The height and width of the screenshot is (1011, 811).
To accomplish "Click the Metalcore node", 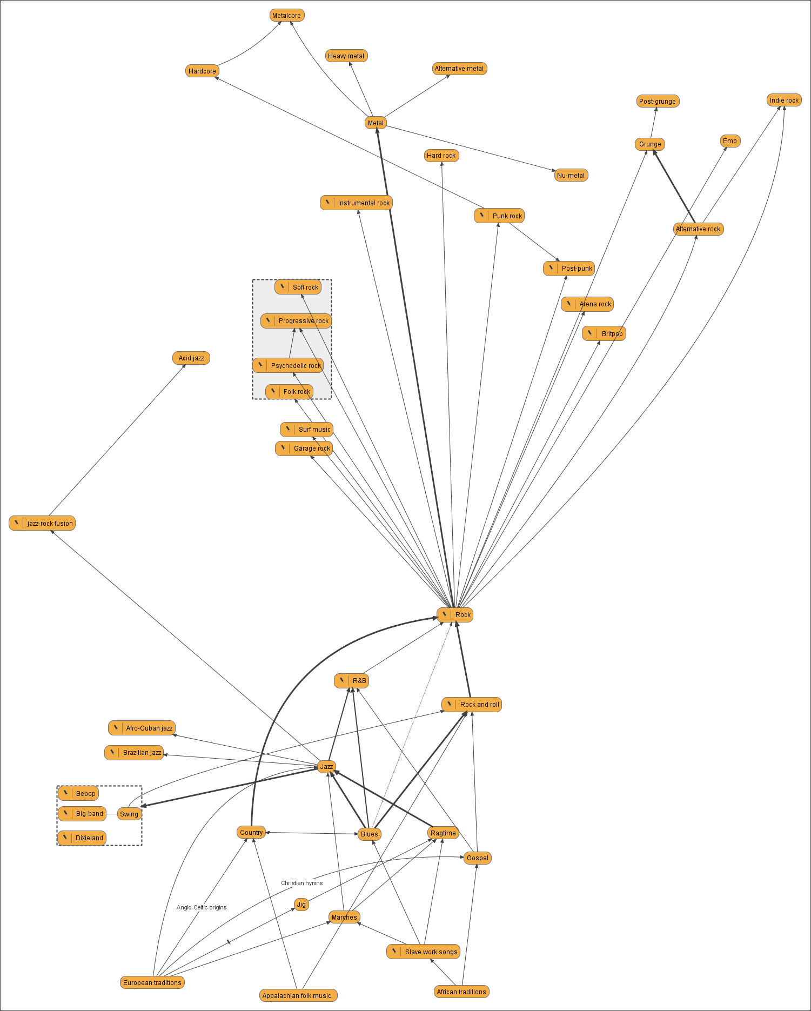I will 287,16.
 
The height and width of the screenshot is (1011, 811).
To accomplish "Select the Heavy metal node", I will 346,56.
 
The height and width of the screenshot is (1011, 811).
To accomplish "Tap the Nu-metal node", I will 571,176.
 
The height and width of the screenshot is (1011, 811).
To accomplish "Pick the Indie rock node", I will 784,101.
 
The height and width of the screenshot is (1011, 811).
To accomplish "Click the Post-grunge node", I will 657,102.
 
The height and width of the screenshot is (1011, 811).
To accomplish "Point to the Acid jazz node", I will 191,358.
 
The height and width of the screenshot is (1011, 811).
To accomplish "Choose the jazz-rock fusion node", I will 42,524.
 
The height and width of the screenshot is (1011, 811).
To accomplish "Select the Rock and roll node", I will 472,705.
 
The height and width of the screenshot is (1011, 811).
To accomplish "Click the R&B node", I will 352,681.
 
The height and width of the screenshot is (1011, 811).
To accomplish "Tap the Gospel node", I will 478,858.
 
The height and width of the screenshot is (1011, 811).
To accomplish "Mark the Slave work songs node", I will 424,952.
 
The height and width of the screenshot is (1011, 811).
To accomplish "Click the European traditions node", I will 152,983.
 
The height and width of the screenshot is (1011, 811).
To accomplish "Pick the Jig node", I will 301,905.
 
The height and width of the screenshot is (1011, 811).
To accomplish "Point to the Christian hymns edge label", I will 301,883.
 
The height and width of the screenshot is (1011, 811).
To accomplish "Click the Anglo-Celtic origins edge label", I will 202,908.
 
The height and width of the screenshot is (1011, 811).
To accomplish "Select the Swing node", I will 129,814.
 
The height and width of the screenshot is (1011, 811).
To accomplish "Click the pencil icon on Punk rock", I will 482,216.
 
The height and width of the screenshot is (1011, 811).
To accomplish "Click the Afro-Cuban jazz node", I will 142,728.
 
